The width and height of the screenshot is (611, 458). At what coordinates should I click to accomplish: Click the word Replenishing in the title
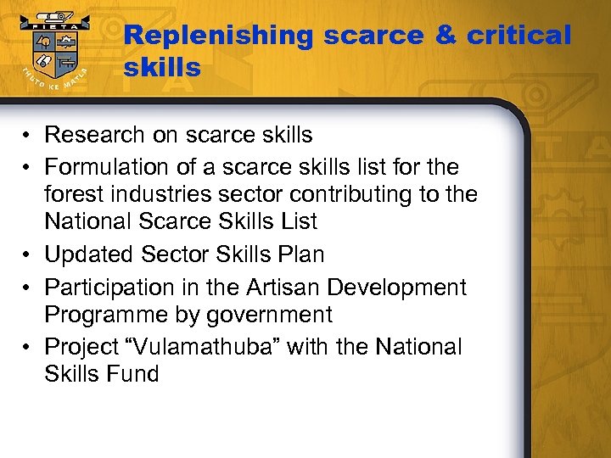pyautogui.click(x=218, y=36)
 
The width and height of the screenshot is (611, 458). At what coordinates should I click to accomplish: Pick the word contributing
pyautogui.click(x=360, y=194)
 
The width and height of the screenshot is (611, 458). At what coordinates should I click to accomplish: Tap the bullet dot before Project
pyautogui.click(x=28, y=348)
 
